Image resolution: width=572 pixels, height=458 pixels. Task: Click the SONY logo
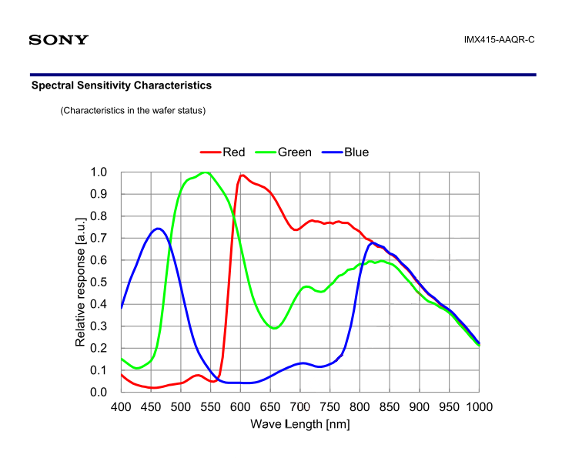[x=59, y=39]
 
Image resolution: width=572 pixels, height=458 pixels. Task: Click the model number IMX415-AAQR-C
[x=499, y=39]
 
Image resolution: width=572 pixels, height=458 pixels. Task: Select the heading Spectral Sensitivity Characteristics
[x=121, y=85]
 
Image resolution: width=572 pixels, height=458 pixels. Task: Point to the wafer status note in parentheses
[x=132, y=111]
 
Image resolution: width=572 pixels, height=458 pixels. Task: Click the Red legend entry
[x=233, y=152]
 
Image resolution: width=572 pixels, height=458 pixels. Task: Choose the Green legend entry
[x=294, y=152]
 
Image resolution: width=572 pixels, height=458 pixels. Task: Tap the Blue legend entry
[x=356, y=152]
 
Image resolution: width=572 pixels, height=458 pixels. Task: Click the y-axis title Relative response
[x=80, y=282]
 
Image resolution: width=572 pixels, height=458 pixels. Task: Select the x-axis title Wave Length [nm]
[x=300, y=424]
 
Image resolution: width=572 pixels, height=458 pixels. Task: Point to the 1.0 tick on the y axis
[x=99, y=172]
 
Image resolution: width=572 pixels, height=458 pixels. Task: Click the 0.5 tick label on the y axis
[x=99, y=282]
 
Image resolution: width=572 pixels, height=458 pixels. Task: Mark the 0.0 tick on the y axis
[x=99, y=392]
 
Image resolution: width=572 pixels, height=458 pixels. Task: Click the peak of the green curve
[x=205, y=172]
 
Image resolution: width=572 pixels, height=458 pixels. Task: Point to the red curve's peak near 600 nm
[x=242, y=176]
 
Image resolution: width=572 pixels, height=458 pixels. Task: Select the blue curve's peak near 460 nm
[x=158, y=229]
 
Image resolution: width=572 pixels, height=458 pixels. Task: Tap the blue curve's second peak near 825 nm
[x=373, y=243]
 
